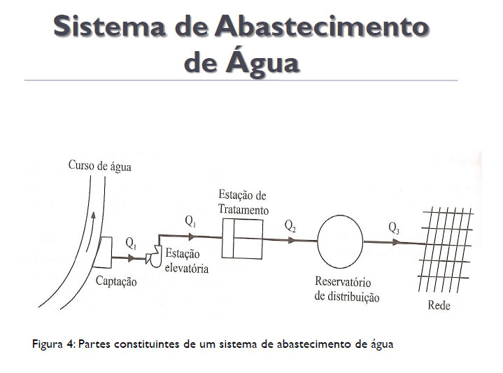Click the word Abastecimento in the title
[x=322, y=26]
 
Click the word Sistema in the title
[x=109, y=26]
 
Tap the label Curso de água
[x=100, y=166]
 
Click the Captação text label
[x=116, y=281]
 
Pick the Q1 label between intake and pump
[x=132, y=244]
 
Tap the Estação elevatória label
[x=187, y=260]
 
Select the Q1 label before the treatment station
[x=190, y=221]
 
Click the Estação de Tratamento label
[x=243, y=202]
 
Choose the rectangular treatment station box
[x=243, y=239]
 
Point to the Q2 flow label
[x=290, y=226]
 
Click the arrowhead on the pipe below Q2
[x=291, y=240]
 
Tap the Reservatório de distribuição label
[x=347, y=289]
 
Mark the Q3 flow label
[x=394, y=228]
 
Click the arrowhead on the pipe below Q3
[x=397, y=242]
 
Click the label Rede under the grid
[x=439, y=305]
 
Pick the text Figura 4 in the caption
[x=54, y=344]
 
